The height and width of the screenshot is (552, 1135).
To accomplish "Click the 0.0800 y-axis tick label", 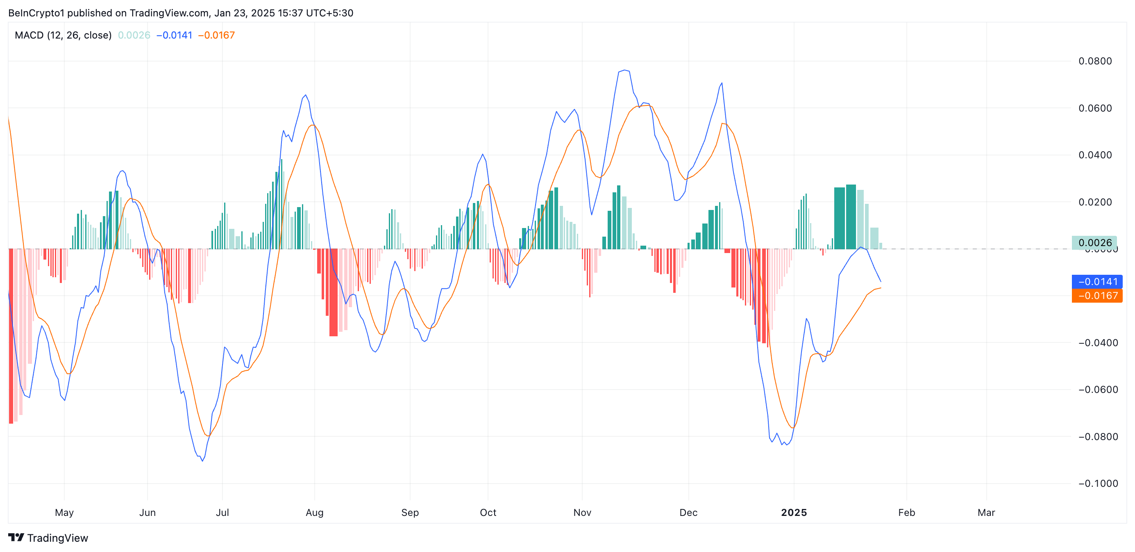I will pyautogui.click(x=1094, y=61).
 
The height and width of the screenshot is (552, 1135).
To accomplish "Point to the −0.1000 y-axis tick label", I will pyautogui.click(x=1098, y=484).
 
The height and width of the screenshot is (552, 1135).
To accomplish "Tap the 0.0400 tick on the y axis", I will pyautogui.click(x=1094, y=155).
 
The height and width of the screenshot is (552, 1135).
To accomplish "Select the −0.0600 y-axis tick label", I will pyautogui.click(x=1098, y=390).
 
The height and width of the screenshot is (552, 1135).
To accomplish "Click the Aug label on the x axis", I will pyautogui.click(x=315, y=513).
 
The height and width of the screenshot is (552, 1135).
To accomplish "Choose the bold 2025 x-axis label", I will pyautogui.click(x=794, y=513).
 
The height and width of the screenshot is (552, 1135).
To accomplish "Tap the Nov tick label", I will pyautogui.click(x=582, y=513).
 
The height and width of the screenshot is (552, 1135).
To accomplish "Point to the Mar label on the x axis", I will pyautogui.click(x=986, y=513).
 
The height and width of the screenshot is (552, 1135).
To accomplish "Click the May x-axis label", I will pyautogui.click(x=64, y=513).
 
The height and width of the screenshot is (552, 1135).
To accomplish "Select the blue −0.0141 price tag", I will pyautogui.click(x=1096, y=282).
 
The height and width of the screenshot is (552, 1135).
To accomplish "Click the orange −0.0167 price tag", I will pyautogui.click(x=1096, y=296).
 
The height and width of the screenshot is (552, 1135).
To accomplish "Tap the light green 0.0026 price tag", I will pyautogui.click(x=1094, y=242).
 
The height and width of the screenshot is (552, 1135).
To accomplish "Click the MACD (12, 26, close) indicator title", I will pyautogui.click(x=63, y=35).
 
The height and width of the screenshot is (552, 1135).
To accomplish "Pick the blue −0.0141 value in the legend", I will pyautogui.click(x=175, y=35).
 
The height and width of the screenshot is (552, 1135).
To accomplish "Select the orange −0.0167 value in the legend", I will pyautogui.click(x=216, y=35).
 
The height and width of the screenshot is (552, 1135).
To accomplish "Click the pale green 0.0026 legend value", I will pyautogui.click(x=134, y=35).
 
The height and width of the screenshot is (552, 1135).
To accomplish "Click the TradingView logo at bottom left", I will pyautogui.click(x=48, y=538).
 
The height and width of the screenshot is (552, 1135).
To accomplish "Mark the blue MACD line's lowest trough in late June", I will pyautogui.click(x=202, y=461).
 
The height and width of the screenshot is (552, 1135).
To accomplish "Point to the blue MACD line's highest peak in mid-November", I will pyautogui.click(x=624, y=70).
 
